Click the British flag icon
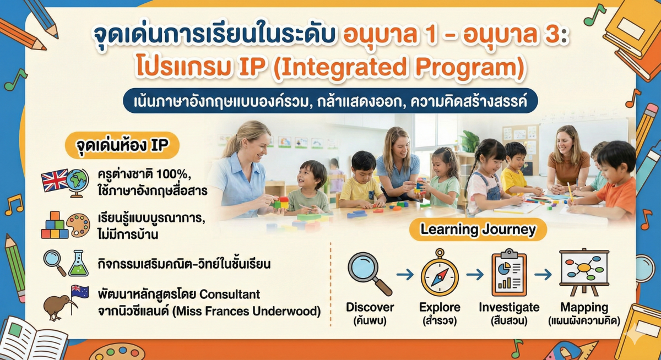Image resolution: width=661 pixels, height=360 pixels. click(x=54, y=180)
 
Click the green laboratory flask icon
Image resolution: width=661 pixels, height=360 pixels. click(x=78, y=263)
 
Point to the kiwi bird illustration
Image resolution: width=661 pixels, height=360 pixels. click(x=57, y=307)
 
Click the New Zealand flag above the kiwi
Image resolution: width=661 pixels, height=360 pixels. click(x=80, y=292)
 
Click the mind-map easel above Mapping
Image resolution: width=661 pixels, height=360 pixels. click(x=583, y=272)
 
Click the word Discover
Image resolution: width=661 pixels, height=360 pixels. click(x=370, y=307)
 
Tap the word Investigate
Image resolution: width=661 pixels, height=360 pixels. click(x=509, y=307)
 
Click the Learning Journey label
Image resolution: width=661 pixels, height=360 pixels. click(x=478, y=230)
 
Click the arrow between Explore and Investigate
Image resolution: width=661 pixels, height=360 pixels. click(x=474, y=274)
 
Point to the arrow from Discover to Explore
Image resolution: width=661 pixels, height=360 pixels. click(x=405, y=274)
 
